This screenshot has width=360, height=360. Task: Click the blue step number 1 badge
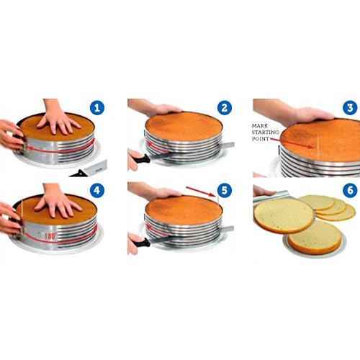97,108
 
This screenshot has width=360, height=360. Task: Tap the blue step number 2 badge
225,108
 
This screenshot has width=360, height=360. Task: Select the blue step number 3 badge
350,108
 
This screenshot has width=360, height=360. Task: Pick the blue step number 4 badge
97,191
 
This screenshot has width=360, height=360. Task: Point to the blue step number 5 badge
225,191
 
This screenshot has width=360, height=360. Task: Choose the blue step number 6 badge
350,191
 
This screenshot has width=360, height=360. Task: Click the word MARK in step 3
260,126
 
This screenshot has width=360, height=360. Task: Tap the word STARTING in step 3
266,132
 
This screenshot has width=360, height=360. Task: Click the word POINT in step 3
261,139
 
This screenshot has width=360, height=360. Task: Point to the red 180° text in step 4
50,236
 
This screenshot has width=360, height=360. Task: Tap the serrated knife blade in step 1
95,168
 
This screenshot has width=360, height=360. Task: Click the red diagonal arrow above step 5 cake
200,192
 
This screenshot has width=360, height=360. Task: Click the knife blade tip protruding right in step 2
228,145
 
